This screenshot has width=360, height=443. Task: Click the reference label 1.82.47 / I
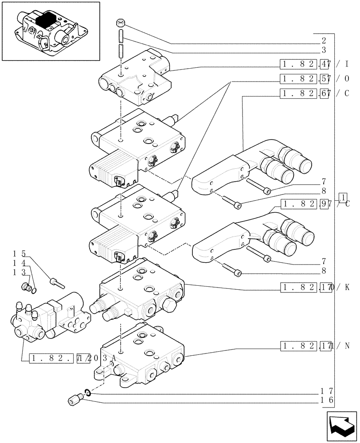[310, 64]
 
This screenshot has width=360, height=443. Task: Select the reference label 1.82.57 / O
[310, 79]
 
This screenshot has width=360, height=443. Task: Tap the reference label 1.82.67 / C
[310, 93]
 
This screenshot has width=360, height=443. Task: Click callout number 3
[324, 50]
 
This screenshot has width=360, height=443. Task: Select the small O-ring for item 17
[88, 391]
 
